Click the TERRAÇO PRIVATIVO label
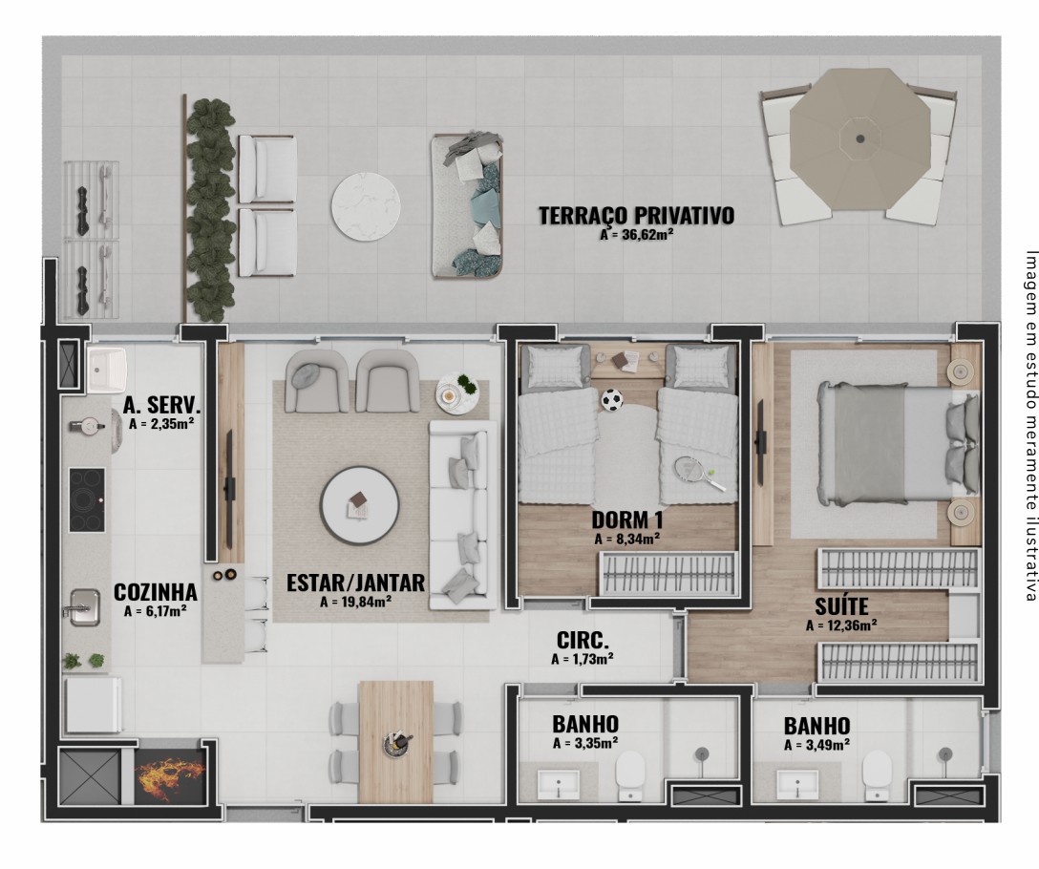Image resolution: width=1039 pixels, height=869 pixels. click(636, 216)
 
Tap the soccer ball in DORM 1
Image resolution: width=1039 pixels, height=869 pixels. click(611, 400)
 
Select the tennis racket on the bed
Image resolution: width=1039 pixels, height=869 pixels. click(700, 474)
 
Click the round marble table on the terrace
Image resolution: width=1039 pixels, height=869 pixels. click(366, 206)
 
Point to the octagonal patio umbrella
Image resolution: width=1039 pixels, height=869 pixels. click(860, 138)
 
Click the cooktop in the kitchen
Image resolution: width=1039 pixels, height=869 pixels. click(87, 499)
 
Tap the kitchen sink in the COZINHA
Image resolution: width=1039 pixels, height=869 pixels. click(84, 607)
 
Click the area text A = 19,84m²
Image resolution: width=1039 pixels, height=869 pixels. click(355, 602)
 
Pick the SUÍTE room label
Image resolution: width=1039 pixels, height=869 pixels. click(841, 606)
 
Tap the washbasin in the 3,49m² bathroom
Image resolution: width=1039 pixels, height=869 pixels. click(796, 783)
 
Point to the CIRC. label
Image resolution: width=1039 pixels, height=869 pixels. click(583, 641)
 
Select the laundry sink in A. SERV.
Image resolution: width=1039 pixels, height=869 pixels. click(107, 370)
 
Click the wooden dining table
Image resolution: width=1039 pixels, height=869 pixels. click(395, 742)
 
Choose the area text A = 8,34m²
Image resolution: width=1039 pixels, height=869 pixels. click(626, 539)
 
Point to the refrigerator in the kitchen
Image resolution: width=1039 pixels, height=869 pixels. click(93, 705)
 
